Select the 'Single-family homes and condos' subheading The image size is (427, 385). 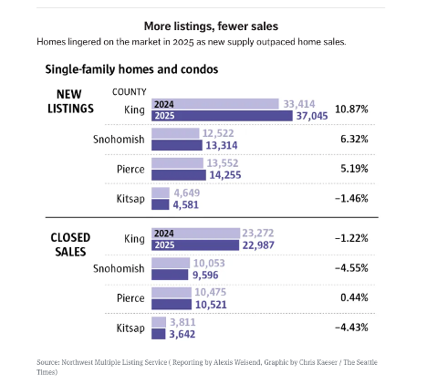130,68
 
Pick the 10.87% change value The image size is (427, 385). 351,109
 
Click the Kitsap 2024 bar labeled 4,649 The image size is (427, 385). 160,192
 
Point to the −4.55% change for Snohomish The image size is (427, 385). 351,268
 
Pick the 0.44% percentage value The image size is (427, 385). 352,297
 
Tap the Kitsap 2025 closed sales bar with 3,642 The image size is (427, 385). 158,333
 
